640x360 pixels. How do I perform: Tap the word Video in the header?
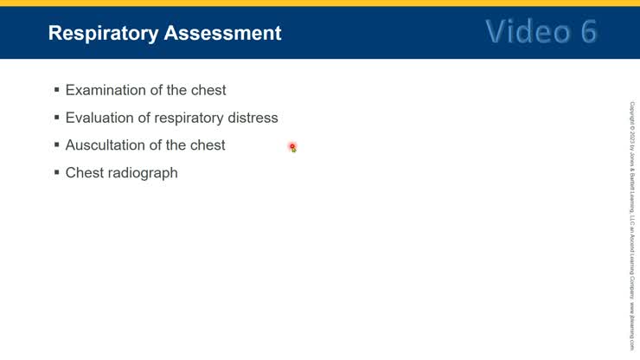522,31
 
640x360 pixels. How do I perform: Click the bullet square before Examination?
57,89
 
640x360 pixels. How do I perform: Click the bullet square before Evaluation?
57,117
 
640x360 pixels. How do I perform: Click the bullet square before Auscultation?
57,145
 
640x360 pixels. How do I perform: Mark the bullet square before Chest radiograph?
57,172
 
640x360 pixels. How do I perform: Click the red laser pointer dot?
292,147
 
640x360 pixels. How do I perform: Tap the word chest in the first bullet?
207,90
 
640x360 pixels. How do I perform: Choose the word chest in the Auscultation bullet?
206,145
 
